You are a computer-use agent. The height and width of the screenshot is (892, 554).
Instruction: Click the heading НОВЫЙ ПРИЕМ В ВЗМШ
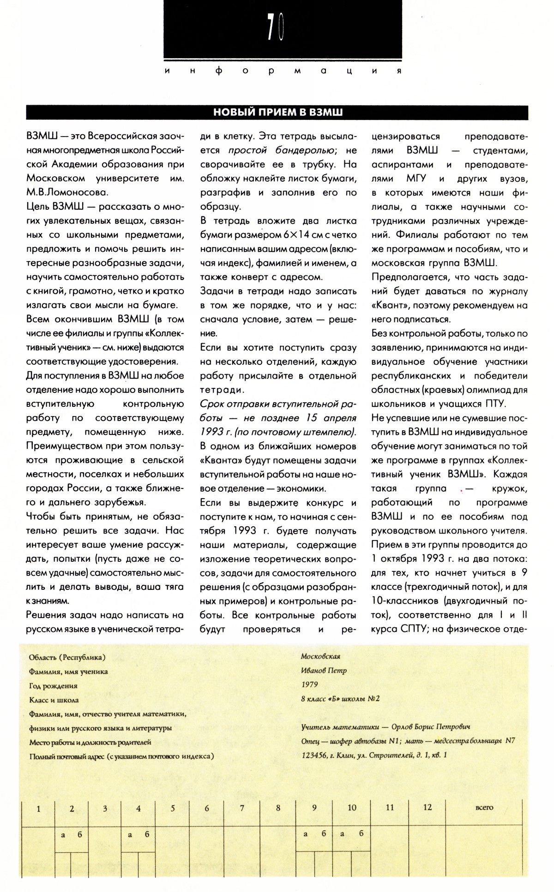(277, 113)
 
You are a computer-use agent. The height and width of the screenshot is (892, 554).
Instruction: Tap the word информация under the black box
(282, 71)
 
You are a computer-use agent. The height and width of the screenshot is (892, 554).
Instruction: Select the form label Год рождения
(53, 685)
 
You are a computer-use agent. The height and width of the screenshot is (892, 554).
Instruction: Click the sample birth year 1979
(309, 684)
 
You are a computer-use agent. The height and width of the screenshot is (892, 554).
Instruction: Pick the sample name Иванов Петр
(324, 671)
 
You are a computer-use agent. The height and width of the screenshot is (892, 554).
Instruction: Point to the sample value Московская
(320, 656)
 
